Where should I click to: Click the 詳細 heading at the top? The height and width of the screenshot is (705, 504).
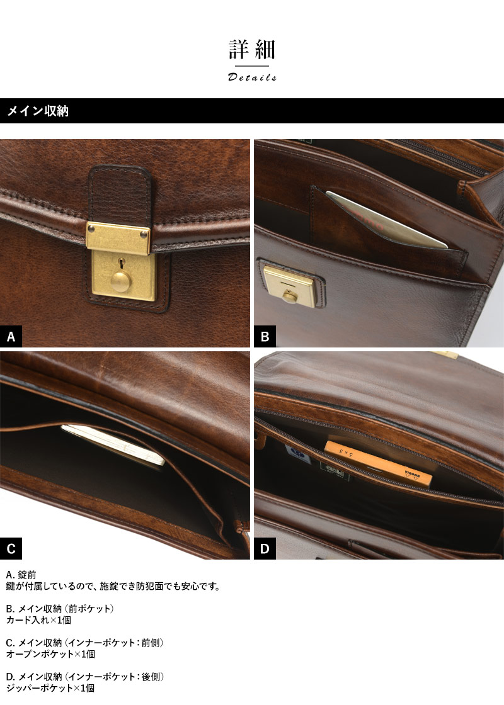point(252,50)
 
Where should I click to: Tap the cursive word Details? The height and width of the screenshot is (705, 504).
point(252,77)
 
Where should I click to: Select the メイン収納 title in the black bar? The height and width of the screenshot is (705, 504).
point(38,111)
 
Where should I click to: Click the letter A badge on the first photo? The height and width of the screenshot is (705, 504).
point(11,336)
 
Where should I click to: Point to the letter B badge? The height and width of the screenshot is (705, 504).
point(265,336)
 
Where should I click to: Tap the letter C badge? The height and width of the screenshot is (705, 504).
point(11,548)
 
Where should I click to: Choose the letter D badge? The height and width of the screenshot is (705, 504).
point(265,548)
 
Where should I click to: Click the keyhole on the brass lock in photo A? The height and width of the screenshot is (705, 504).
point(120,262)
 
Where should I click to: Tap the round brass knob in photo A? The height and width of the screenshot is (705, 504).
point(120,279)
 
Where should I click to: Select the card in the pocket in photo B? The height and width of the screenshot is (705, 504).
point(386,220)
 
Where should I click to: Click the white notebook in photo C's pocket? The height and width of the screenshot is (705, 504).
point(113,445)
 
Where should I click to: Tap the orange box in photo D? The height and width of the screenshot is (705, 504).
point(378,463)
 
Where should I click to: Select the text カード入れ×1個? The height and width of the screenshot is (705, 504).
point(38,620)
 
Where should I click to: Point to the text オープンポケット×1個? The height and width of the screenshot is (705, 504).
point(50,654)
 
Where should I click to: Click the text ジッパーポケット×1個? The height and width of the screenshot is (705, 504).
point(50,688)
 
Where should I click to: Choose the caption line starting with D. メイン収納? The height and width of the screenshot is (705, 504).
point(85,677)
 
